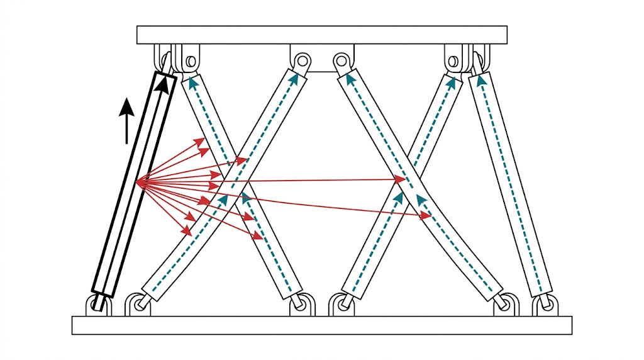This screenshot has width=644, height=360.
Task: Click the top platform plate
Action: click(x=322, y=35)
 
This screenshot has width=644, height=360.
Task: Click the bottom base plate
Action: click(x=322, y=325)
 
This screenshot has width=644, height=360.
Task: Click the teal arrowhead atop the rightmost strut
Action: click(x=481, y=79)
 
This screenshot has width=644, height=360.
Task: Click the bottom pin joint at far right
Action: click(x=545, y=305)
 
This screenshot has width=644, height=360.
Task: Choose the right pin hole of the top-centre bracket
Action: click(x=341, y=61)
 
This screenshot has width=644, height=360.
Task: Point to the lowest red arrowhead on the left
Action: click(x=187, y=231)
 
